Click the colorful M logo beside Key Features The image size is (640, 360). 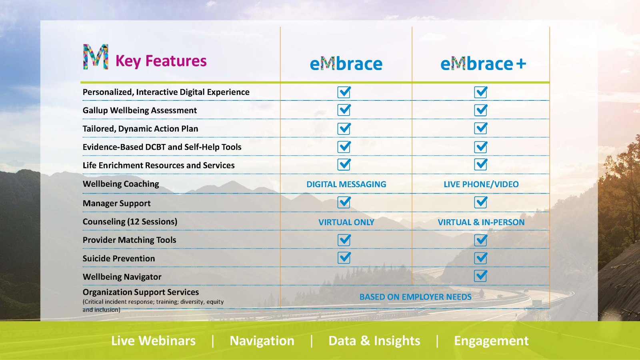tap(96, 56)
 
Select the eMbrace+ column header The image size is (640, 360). tap(483, 64)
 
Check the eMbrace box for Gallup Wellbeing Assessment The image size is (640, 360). tap(344, 110)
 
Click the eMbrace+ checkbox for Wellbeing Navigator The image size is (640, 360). tap(480, 276)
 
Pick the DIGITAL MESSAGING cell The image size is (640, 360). tap(346, 184)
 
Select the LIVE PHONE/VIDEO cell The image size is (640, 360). tap(481, 184)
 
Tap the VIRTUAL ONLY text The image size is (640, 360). tap(346, 222)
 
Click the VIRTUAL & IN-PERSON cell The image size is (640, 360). tap(481, 222)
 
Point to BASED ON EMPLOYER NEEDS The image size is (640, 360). tap(416, 297)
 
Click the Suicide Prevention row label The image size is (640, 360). tap(119, 258)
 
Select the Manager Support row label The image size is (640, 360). tap(116, 204)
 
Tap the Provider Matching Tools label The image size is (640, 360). tap(130, 240)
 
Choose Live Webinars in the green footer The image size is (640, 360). tap(154, 340)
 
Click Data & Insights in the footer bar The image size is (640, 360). tap(374, 340)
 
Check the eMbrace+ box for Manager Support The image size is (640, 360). tap(480, 202)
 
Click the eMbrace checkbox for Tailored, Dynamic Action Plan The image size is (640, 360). tap(344, 128)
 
